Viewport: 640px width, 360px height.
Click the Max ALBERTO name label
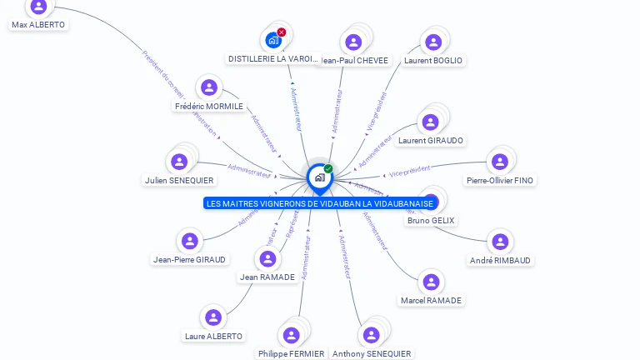(x=38, y=25)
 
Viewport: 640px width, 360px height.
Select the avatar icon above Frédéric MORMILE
(x=209, y=87)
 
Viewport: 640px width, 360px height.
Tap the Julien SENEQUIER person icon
(x=179, y=162)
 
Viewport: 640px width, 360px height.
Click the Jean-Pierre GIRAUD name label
(x=189, y=259)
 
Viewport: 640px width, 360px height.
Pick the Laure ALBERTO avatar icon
(x=213, y=317)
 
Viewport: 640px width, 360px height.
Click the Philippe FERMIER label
(x=291, y=353)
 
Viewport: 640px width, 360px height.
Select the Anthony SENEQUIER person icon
(x=372, y=335)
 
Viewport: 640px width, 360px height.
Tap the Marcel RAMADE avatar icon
(x=431, y=282)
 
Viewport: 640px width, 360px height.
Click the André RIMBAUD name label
(x=500, y=260)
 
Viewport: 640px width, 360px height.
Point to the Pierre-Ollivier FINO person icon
(x=500, y=162)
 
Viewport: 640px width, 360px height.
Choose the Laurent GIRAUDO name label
(x=431, y=140)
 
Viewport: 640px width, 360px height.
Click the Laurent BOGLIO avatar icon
(x=433, y=42)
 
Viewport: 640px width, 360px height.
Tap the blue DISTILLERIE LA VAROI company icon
(x=272, y=40)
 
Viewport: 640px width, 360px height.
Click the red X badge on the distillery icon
(x=282, y=32)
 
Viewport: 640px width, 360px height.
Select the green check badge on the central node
(x=328, y=168)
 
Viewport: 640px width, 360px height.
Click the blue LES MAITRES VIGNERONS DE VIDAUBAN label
(x=320, y=203)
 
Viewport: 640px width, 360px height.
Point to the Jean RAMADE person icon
(x=267, y=258)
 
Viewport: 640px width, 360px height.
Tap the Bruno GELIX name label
(x=431, y=220)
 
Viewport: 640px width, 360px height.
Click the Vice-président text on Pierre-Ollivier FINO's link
(x=410, y=171)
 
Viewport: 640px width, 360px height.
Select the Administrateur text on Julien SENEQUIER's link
(x=249, y=171)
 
